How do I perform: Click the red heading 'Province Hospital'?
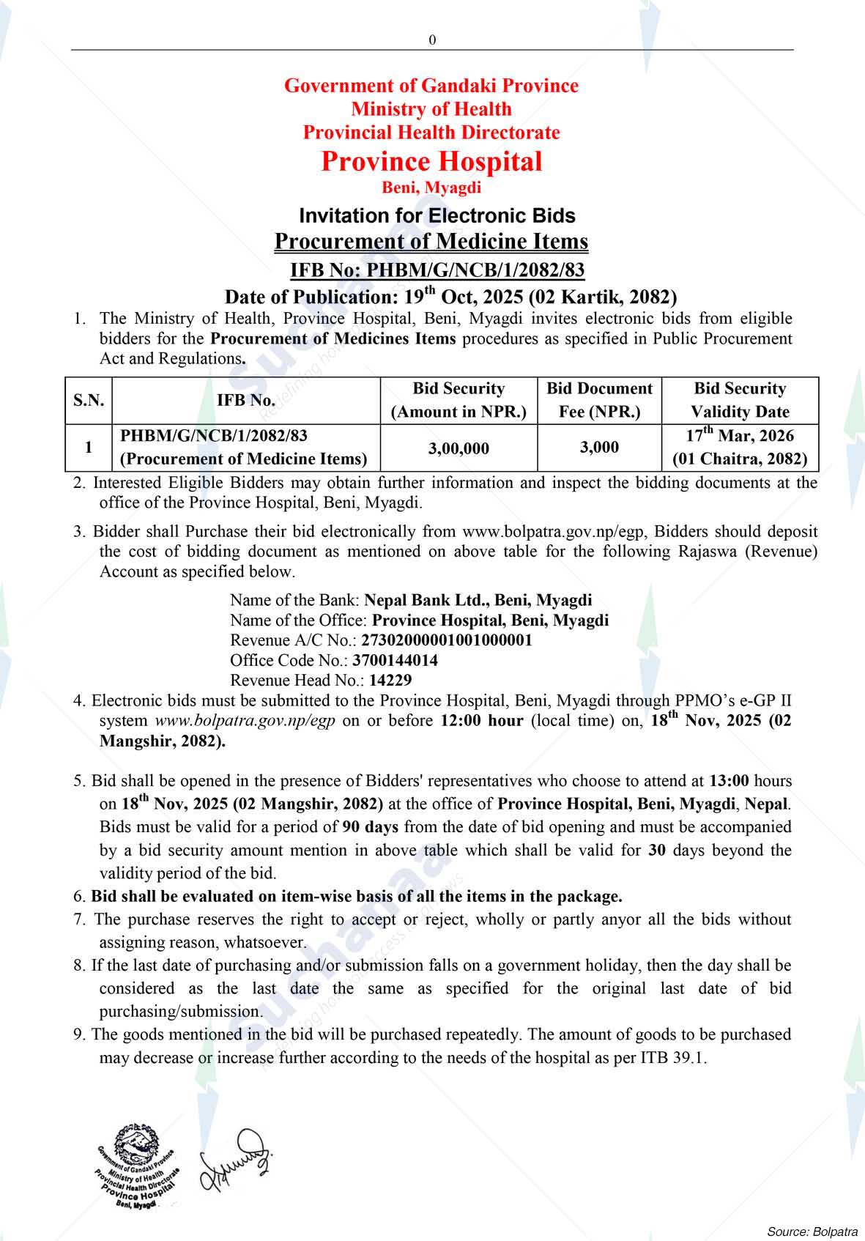click(x=431, y=161)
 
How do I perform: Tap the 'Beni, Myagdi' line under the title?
click(x=431, y=188)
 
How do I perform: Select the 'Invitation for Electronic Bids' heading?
click(x=437, y=215)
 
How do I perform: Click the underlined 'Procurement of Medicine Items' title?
click(x=431, y=241)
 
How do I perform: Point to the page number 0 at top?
click(x=432, y=40)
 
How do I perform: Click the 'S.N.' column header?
click(x=89, y=400)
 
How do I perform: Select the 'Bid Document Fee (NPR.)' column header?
click(x=599, y=400)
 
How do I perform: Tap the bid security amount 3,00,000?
click(x=459, y=448)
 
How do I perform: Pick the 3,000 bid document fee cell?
click(x=599, y=447)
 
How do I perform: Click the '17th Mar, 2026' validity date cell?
click(x=740, y=436)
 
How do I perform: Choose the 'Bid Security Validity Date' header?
click(x=740, y=400)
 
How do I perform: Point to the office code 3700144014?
click(x=395, y=660)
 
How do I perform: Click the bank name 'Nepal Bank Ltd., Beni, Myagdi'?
click(x=478, y=600)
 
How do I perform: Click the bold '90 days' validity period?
click(x=370, y=827)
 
